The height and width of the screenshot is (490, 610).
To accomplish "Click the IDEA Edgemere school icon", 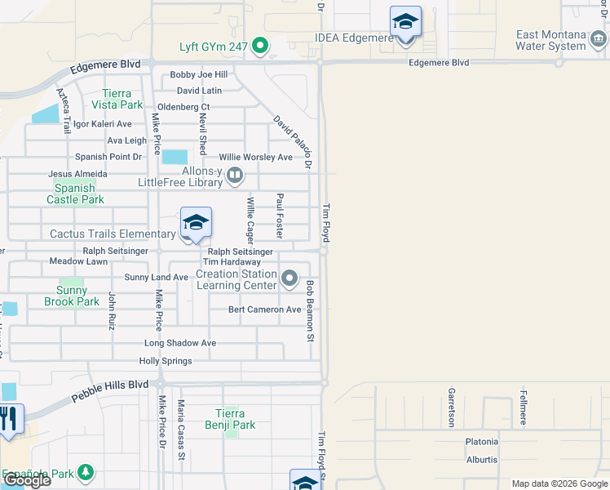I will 405,21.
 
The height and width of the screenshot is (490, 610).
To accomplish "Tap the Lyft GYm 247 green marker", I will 261,46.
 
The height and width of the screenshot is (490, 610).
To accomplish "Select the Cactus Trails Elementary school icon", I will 196,223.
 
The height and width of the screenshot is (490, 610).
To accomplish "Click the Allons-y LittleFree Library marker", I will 236,174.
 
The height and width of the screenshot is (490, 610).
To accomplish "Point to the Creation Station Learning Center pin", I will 290,280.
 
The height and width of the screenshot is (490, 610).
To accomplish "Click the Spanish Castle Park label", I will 75,194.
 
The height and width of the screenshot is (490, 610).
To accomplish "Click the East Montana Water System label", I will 563,40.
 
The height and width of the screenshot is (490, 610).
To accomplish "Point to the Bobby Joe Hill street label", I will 198,74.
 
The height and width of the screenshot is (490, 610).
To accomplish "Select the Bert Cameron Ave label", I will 265,310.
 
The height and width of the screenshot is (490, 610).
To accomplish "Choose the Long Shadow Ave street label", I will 180,343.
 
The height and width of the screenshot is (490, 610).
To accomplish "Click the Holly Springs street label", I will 166,361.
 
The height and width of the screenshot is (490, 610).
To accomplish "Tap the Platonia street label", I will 481,442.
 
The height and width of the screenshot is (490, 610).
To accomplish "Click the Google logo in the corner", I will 26,480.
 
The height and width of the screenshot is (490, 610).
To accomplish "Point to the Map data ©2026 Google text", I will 559,483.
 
